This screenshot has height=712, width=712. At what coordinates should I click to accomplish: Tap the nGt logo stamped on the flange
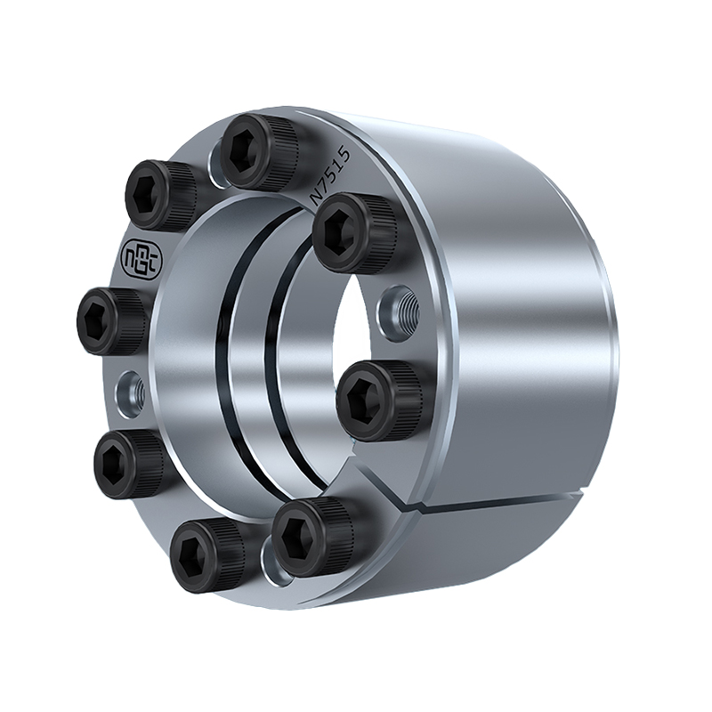coord(141,256)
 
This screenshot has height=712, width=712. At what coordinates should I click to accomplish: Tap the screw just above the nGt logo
coord(161,196)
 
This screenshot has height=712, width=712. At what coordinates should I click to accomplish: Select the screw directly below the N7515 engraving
coord(352,232)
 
